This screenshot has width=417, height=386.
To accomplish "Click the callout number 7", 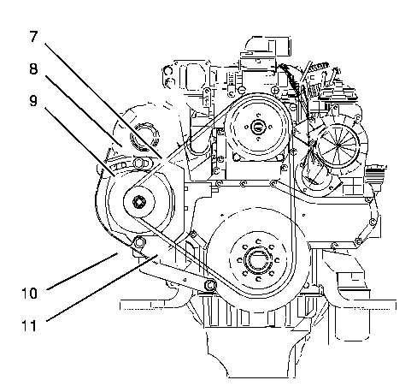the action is click(33, 37).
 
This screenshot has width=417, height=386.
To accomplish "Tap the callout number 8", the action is click(33, 69).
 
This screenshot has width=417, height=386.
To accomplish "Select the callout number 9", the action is click(33, 101).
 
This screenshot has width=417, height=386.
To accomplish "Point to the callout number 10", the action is click(30, 294).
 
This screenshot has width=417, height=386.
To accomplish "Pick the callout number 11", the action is click(30, 325).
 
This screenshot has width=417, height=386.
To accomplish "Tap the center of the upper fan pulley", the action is click(258, 127).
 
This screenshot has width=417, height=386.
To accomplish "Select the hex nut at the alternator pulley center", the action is click(139, 202).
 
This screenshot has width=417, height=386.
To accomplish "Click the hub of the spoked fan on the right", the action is click(338, 145).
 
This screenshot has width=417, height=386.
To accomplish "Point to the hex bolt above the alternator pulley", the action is click(138, 163).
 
